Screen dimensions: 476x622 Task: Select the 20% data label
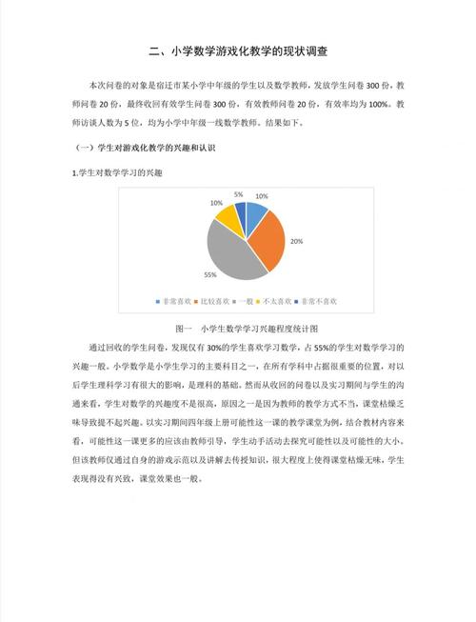[296, 242]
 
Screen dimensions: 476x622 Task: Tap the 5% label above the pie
[238, 194]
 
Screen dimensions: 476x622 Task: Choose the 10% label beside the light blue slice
[262, 196]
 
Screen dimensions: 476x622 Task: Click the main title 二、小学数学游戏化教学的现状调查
[238, 50]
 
